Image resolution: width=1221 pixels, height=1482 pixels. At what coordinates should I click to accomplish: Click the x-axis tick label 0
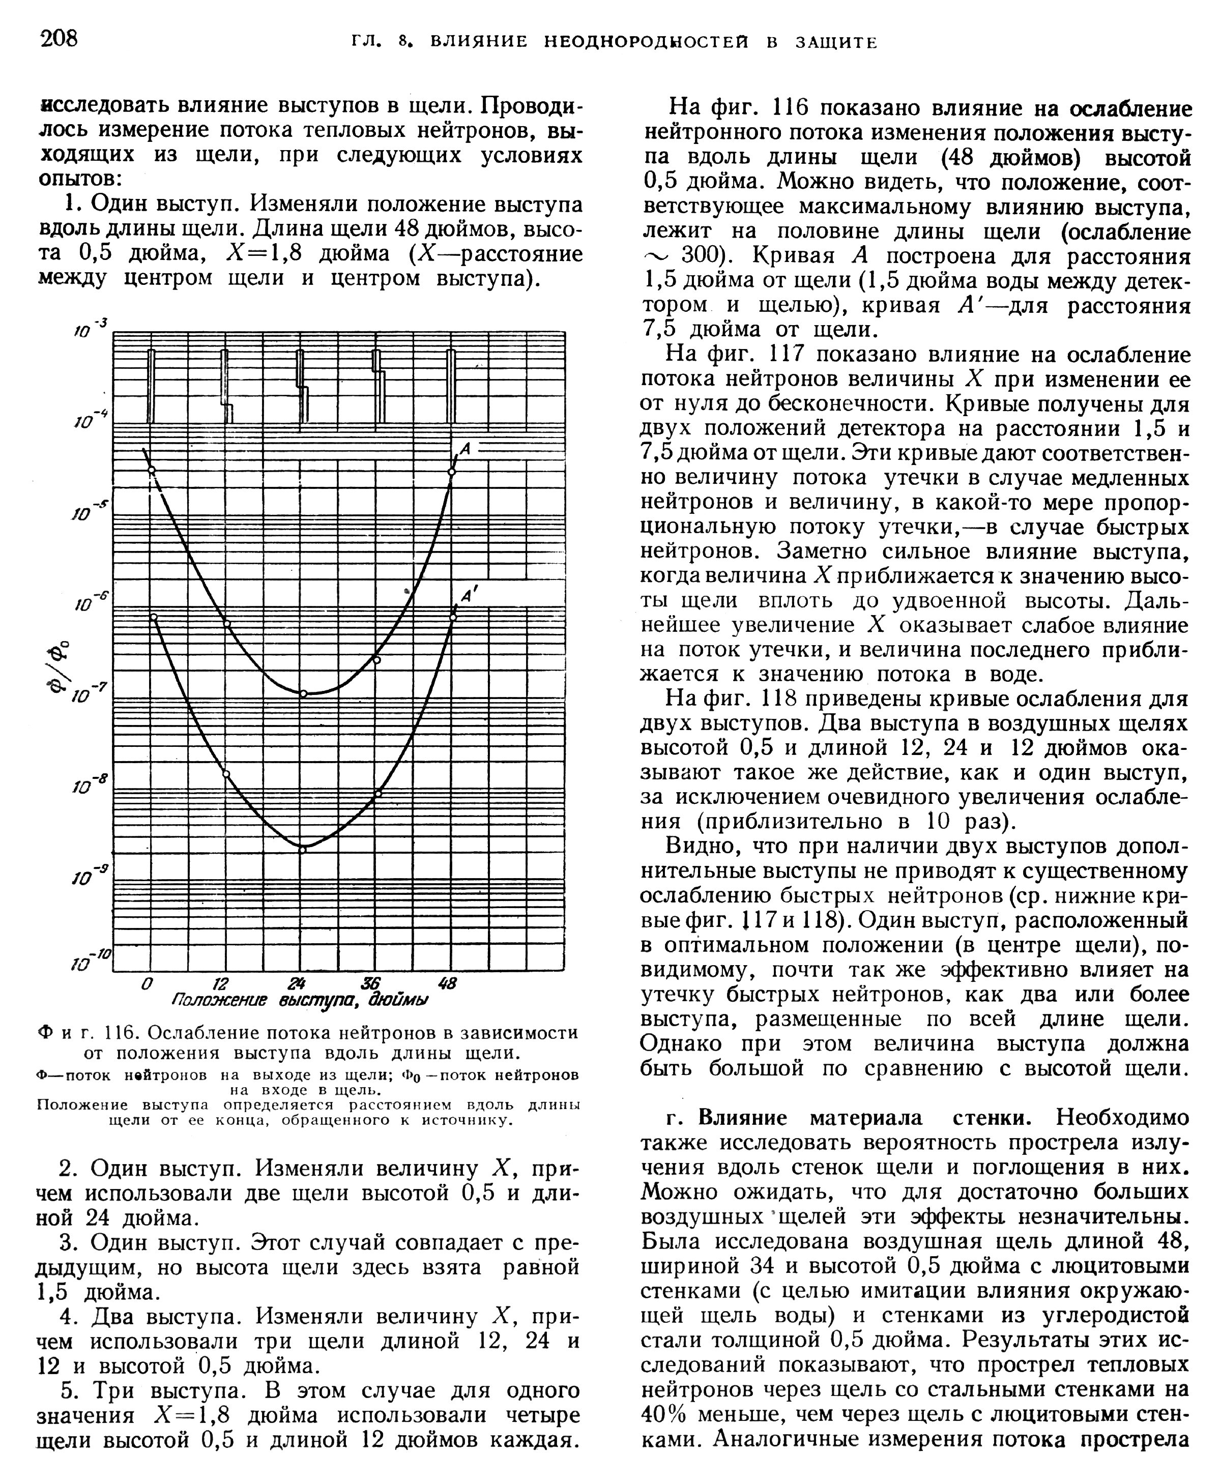pyautogui.click(x=147, y=983)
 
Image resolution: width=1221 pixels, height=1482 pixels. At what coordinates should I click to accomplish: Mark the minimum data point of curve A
pyautogui.click(x=304, y=693)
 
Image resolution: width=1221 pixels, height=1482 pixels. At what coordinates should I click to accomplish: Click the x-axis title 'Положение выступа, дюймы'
pyautogui.click(x=300, y=1000)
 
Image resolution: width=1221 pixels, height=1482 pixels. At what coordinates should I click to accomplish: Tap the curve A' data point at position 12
pyautogui.click(x=226, y=774)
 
